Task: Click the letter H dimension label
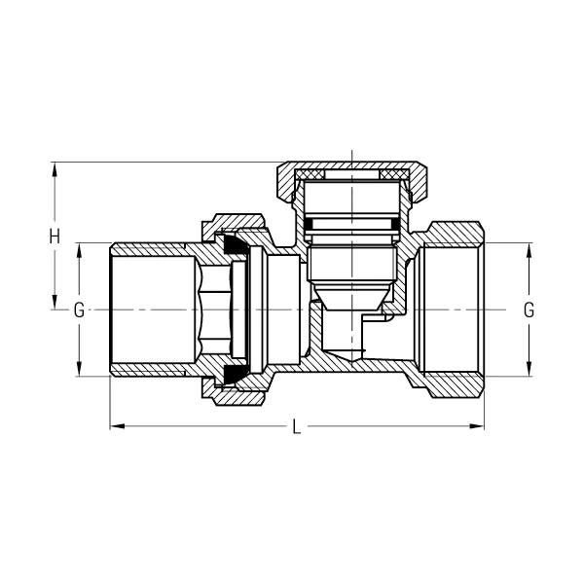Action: click(x=55, y=236)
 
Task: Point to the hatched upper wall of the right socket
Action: click(x=453, y=235)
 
